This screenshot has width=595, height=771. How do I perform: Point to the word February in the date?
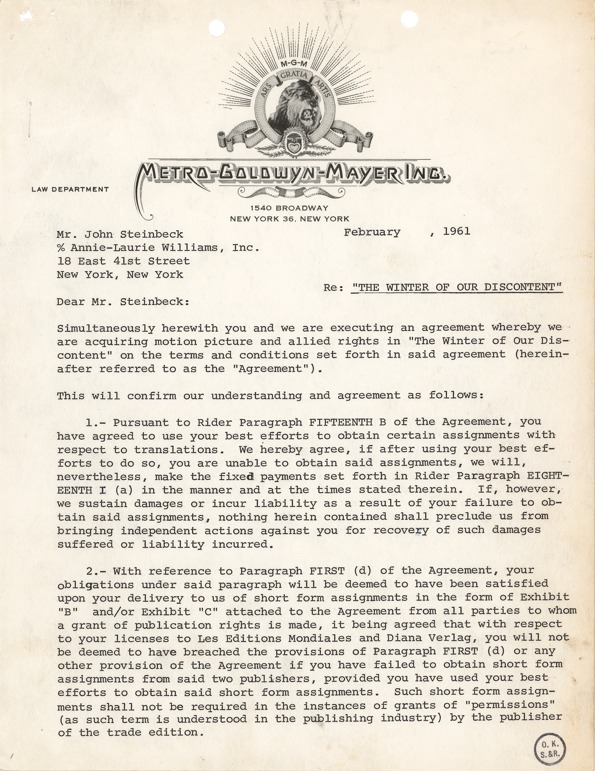pos(372,232)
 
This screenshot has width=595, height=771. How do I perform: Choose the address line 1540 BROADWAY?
pos(289,208)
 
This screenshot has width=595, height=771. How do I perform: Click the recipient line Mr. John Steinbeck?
pos(120,234)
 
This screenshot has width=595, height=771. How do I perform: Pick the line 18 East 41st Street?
pos(123,261)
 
